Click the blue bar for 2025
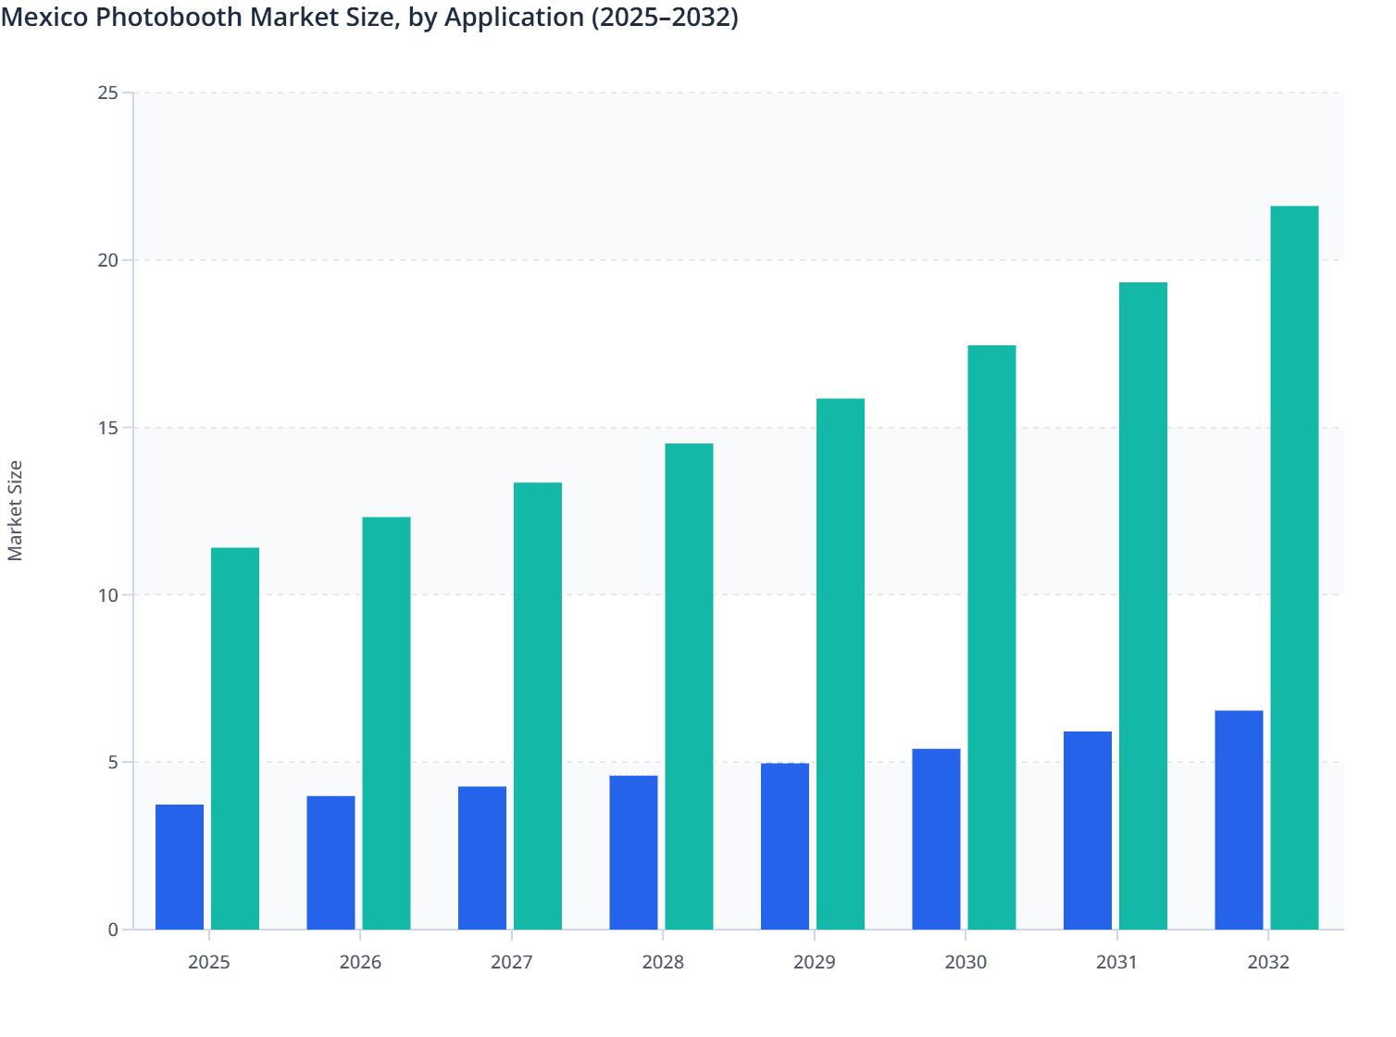coord(180,867)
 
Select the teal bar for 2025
coord(235,738)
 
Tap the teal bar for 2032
coord(1294,568)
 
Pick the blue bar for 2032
coord(1239,819)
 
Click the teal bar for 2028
coord(689,686)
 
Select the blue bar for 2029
coord(785,846)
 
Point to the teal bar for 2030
coord(991,637)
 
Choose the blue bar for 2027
coord(482,857)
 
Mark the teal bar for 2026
coord(386,723)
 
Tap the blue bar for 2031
coord(1088,831)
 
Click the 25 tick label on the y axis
coord(107,93)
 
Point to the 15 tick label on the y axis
coord(107,428)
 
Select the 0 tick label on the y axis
coord(113,930)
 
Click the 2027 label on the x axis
coord(512,962)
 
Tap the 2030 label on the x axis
coord(966,962)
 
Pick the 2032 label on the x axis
coord(1268,962)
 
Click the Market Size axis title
coord(16,510)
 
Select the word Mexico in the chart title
coord(44,17)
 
